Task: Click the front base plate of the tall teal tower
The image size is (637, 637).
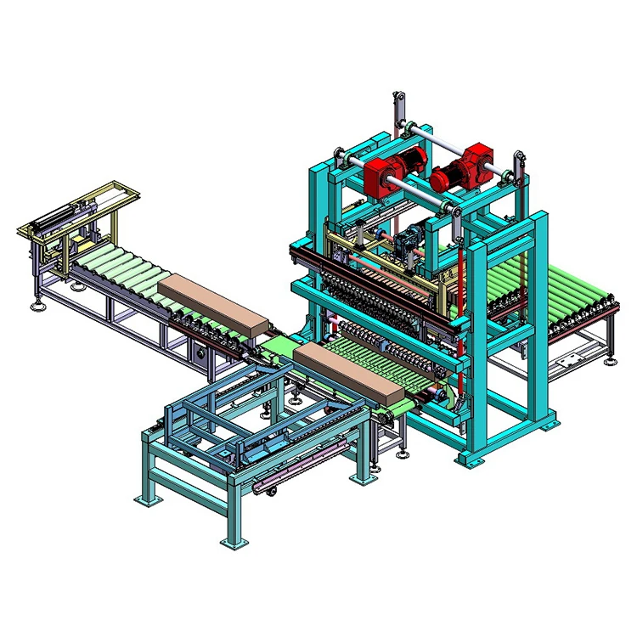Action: (x=472, y=459)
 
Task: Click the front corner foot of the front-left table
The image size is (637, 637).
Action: (x=231, y=539)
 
